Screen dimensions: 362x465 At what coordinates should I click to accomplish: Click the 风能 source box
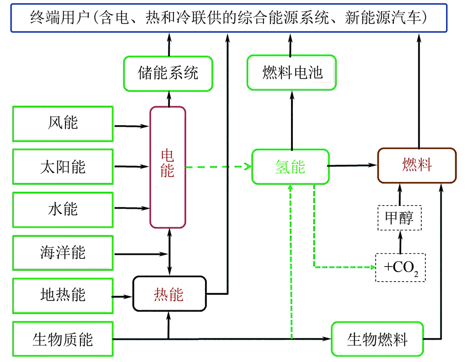[63, 124]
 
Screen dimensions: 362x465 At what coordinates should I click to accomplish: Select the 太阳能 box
[63, 166]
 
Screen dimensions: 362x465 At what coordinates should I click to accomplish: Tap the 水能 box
[63, 209]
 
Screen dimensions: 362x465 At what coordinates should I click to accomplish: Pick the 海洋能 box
[63, 252]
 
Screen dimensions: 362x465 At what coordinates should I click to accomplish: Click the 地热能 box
[63, 295]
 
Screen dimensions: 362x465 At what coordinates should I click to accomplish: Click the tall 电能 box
[167, 167]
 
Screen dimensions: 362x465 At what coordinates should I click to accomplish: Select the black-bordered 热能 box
[169, 294]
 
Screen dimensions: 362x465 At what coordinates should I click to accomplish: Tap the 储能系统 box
[168, 73]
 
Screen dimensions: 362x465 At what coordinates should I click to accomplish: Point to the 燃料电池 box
[291, 73]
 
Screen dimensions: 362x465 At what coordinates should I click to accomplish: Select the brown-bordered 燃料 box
[416, 166]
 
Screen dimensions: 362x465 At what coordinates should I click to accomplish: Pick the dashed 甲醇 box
[400, 218]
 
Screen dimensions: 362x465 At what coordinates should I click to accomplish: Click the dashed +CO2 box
[400, 267]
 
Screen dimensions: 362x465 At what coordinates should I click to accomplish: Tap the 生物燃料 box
[377, 339]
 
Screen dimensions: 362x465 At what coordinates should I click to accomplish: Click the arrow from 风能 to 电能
[131, 126]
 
